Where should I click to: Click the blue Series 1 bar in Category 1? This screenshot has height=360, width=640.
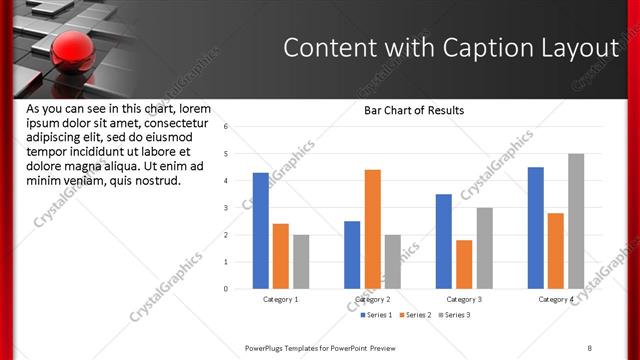pos(261,231)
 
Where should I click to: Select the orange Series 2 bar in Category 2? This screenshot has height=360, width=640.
pos(372,229)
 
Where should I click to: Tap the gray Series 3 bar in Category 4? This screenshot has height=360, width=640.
pos(576,221)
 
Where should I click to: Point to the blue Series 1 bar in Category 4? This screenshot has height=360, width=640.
pos(536,228)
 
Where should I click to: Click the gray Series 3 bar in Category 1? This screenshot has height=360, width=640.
pos(301,262)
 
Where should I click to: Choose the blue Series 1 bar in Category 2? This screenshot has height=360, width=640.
pos(352,255)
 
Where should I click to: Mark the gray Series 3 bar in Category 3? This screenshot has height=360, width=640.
pos(484,248)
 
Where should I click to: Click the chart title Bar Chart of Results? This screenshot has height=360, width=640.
pos(414,110)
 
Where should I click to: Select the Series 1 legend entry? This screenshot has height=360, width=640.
pos(376,315)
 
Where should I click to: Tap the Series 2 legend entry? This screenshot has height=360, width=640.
pos(415,315)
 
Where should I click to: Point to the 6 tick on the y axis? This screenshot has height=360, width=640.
pos(227,127)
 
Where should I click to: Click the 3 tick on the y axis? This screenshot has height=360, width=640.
pos(227,208)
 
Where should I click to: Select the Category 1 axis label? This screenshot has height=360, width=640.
pos(281,299)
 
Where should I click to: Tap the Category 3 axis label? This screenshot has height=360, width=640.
pos(464,299)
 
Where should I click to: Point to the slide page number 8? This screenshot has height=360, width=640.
pos(589,347)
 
